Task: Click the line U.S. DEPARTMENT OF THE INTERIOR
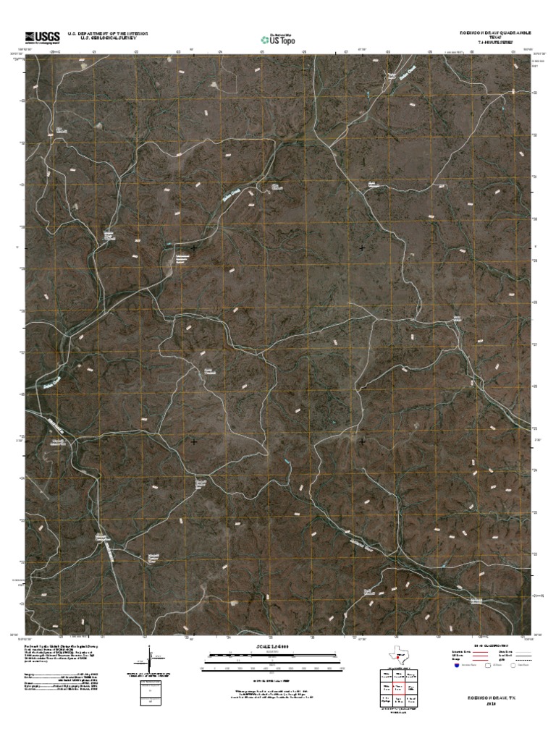click(x=108, y=33)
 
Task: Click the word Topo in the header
click(x=287, y=41)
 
